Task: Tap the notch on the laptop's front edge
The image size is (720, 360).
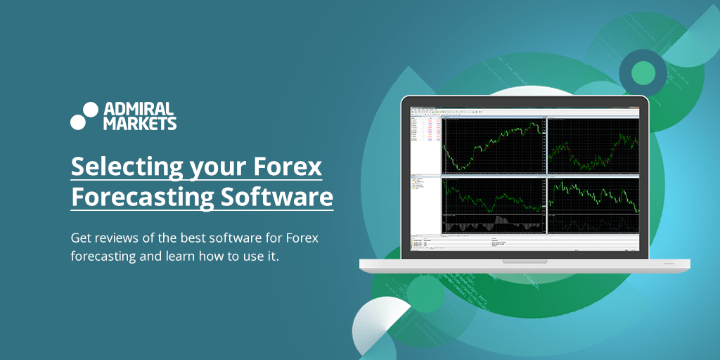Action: click(525, 262)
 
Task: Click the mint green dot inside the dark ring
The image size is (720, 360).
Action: click(643, 72)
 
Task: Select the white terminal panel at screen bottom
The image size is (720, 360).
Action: click(525, 243)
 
